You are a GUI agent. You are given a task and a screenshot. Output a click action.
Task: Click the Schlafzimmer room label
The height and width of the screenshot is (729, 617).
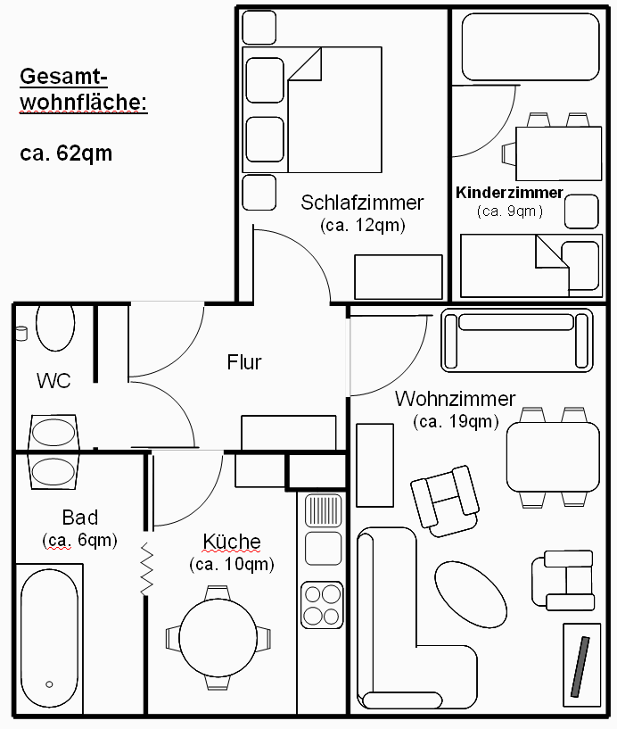[362, 203]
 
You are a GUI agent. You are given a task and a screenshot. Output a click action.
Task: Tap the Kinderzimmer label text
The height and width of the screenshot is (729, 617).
[509, 193]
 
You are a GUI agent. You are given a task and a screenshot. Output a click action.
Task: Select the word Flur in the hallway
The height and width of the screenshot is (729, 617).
[243, 362]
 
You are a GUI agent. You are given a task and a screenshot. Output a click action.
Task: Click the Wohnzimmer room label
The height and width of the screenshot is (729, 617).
[455, 399]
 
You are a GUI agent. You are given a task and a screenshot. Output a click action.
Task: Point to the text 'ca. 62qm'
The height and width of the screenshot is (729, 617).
[66, 153]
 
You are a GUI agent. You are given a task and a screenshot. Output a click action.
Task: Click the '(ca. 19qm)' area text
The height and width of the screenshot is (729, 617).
[456, 421]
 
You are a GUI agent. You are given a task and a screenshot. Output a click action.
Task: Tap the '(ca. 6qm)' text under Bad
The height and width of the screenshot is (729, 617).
[79, 540]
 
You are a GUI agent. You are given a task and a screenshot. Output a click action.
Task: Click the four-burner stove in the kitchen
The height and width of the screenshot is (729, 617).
[322, 604]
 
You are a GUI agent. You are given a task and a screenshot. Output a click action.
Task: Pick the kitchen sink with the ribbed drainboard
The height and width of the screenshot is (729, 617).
[322, 511]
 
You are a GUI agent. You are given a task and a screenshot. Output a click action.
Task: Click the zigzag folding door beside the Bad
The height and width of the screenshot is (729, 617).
[146, 567]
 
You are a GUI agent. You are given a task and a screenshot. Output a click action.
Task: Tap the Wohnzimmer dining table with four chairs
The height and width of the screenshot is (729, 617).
[553, 457]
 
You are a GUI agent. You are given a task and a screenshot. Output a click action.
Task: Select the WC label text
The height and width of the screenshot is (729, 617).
[53, 381]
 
